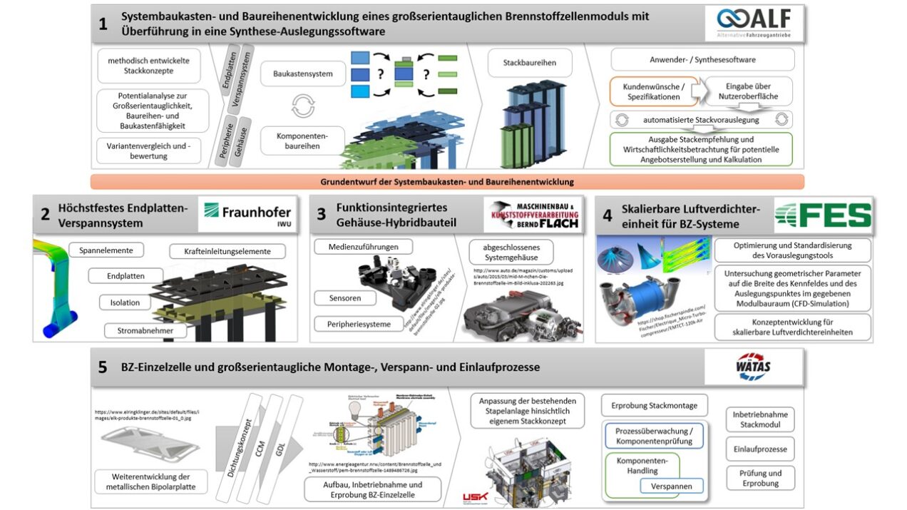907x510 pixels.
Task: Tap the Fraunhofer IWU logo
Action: coord(247,215)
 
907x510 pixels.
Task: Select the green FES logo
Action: coord(823,215)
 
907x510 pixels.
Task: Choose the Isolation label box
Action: coord(125,302)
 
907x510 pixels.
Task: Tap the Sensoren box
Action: coord(345,297)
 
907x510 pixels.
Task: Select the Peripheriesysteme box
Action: coord(358,324)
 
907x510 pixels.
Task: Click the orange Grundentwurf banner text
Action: coord(447,182)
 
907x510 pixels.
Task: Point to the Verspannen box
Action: coord(671,486)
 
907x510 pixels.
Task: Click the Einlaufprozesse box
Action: coord(760,449)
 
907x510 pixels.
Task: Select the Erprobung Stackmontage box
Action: coord(654,405)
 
